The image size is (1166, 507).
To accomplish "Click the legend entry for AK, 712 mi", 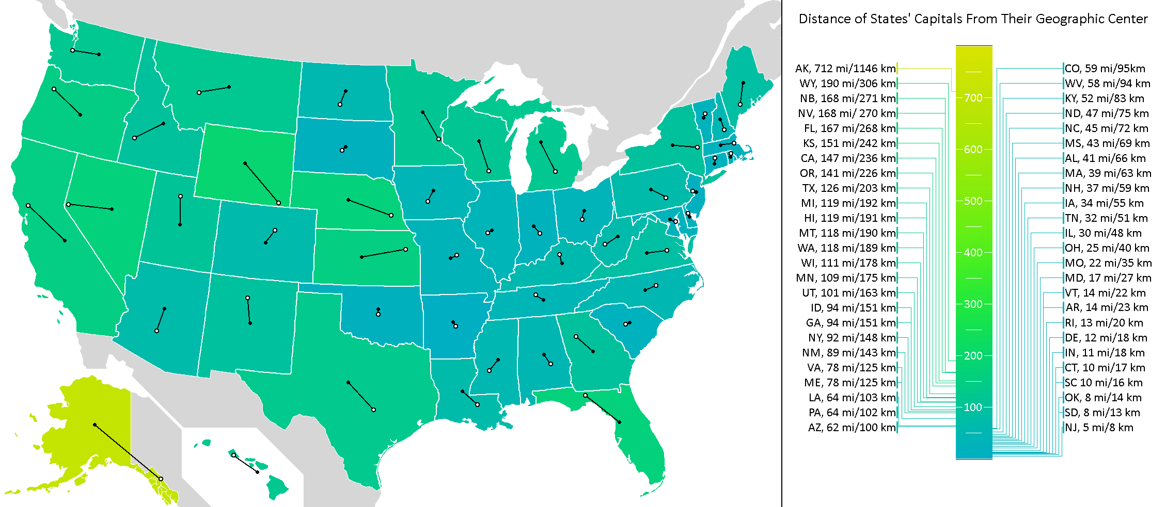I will [x=845, y=69].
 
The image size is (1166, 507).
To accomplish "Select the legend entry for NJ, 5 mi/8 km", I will [x=1099, y=428].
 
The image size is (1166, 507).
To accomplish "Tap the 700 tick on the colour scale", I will [x=973, y=98].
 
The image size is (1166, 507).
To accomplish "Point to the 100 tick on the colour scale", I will [x=973, y=407].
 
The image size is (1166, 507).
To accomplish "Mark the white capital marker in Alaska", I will [x=161, y=479].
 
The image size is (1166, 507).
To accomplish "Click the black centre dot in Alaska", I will [x=95, y=425].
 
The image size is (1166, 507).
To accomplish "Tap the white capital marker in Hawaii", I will [x=233, y=455].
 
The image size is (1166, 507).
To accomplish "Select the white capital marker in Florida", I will [x=585, y=396].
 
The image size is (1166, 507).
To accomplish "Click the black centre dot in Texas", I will [x=349, y=383].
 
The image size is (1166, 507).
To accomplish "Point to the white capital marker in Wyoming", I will [x=279, y=203].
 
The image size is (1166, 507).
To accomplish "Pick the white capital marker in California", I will [x=28, y=206].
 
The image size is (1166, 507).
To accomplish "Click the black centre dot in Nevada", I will [x=112, y=209].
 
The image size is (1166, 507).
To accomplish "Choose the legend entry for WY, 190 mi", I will [x=847, y=84].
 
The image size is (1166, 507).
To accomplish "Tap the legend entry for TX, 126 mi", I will [x=849, y=188].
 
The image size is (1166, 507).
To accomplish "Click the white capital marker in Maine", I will [x=740, y=105].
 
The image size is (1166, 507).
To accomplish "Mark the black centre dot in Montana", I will [x=229, y=87].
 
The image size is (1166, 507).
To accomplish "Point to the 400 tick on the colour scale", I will [x=973, y=253].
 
